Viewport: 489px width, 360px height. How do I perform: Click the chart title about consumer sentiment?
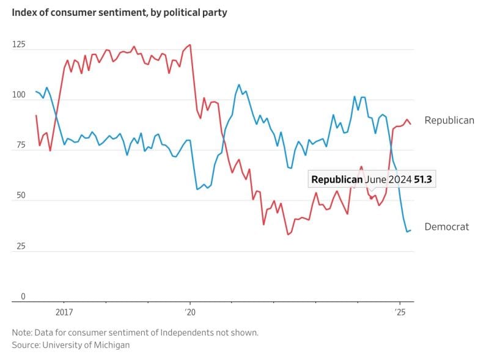tap(119, 12)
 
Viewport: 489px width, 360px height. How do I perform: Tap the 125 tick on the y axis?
tap(19, 45)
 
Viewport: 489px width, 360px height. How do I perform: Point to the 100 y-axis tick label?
tap(19, 95)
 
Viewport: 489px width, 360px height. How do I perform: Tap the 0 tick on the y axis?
tap(23, 296)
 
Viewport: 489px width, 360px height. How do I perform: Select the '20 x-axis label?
tap(189, 312)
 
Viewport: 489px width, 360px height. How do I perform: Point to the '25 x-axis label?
tap(400, 312)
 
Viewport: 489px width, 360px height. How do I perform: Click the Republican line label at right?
tap(449, 120)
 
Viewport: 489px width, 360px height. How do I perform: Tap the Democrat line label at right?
tap(447, 227)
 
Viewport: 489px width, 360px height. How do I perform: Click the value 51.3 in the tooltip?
tap(425, 180)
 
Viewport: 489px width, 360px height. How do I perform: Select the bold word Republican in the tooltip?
tap(337, 180)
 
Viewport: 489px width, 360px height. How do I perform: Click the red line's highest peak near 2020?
tap(190, 45)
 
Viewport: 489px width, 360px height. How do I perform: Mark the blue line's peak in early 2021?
tap(238, 85)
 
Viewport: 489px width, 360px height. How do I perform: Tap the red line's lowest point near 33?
tap(288, 234)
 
